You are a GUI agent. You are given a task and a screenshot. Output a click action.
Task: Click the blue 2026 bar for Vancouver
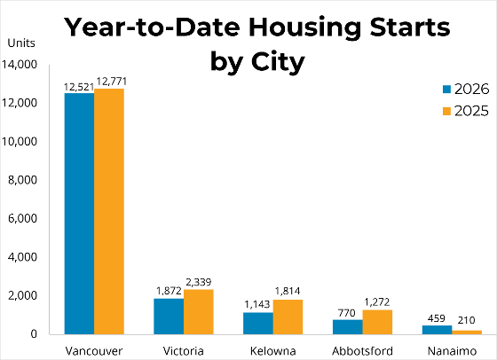[79, 214]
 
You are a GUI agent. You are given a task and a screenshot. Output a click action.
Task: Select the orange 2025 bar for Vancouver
[109, 211]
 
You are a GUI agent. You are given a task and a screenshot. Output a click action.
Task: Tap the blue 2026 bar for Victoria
[169, 316]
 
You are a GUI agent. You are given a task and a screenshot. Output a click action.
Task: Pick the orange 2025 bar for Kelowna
[288, 317]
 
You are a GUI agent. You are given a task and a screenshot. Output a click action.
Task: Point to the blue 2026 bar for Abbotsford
[348, 327]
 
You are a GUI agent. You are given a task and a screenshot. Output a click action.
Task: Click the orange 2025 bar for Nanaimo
[467, 333]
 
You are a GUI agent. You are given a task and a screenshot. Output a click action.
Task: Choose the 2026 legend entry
[466, 90]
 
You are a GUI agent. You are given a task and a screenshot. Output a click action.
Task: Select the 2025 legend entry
[466, 111]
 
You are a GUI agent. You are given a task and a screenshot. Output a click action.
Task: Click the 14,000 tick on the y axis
[20, 65]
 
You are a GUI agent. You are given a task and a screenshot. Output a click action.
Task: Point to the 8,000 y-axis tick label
[22, 180]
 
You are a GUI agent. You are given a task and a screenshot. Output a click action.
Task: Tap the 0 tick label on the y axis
[34, 334]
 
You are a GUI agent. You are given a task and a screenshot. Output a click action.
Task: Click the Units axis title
[21, 43]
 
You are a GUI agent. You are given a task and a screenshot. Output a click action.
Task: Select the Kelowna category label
[273, 351]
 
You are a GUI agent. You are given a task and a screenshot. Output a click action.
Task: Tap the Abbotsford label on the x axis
[363, 351]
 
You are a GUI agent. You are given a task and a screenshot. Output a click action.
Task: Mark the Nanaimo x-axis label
[452, 351]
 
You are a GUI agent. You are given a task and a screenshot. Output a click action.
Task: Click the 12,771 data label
[112, 82]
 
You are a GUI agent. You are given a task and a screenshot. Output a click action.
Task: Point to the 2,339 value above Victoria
[199, 282]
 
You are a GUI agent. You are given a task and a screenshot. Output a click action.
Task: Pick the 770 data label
[347, 313]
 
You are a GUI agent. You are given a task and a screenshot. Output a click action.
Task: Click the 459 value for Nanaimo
[437, 318]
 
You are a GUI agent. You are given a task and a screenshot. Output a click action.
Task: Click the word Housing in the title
[304, 27]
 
